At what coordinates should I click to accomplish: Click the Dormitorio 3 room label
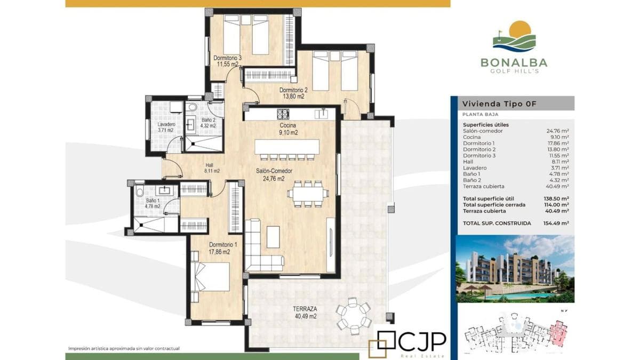[227, 58]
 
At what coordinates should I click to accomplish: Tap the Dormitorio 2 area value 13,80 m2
[293, 97]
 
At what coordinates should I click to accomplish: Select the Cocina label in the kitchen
[287, 125]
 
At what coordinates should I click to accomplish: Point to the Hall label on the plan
[210, 165]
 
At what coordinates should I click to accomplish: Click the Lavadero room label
[166, 125]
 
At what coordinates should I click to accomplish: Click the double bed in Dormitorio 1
[210, 277]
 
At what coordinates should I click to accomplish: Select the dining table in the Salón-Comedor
[308, 194]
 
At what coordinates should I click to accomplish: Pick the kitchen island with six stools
[287, 149]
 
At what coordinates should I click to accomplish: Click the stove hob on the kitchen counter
[283, 114]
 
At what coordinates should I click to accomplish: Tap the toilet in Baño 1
[140, 191]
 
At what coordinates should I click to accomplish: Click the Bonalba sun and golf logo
[514, 36]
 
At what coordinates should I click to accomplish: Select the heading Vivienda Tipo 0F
[499, 103]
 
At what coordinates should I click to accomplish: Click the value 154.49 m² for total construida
[556, 223]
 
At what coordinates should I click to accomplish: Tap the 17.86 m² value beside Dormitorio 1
[558, 143]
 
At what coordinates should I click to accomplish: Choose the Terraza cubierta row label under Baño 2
[483, 186]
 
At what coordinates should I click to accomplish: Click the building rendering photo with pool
[515, 269]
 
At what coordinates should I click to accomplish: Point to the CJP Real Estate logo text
[411, 345]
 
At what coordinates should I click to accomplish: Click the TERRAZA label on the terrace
[305, 309]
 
